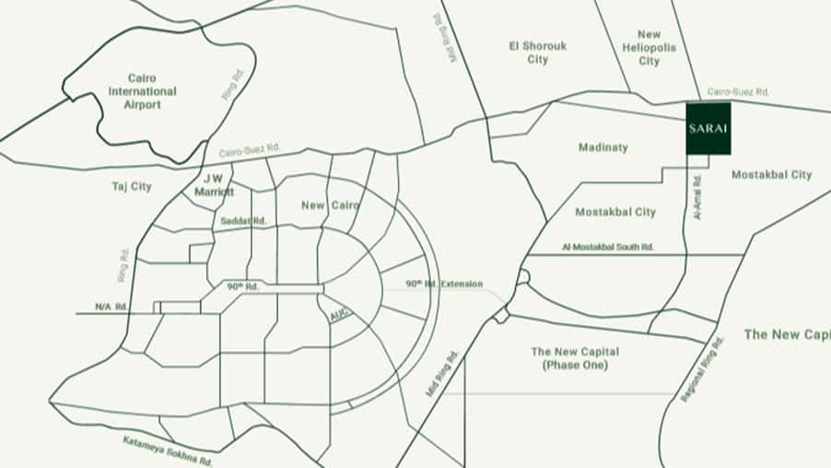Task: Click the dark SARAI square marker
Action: point(708,128)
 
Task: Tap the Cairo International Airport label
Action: point(142,91)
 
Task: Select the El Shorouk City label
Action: point(539,53)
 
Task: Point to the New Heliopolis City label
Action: point(650,48)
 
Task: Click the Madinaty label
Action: point(603,147)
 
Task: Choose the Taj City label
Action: point(132,186)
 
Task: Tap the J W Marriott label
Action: point(214,186)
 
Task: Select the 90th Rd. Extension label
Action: point(444,284)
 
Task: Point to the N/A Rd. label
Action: point(110,307)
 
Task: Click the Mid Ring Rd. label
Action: point(442,373)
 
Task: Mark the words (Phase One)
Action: point(575,366)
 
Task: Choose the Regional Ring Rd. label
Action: point(703,369)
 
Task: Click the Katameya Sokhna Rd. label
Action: point(168,449)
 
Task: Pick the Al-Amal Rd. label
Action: point(697,197)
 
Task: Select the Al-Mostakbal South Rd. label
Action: point(608,247)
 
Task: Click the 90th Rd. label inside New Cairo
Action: point(243,287)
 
